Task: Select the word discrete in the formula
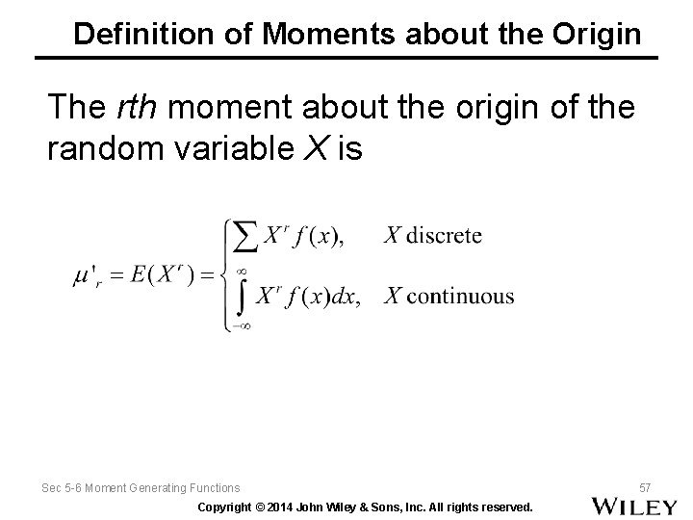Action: coord(445,235)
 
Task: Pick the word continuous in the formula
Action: coord(460,296)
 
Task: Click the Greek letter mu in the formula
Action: coord(81,275)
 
